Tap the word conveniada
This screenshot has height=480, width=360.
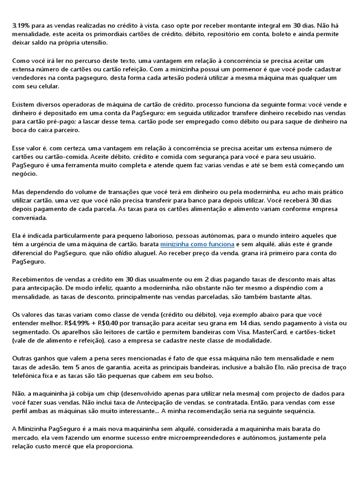30,218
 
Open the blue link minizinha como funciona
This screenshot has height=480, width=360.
197,244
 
